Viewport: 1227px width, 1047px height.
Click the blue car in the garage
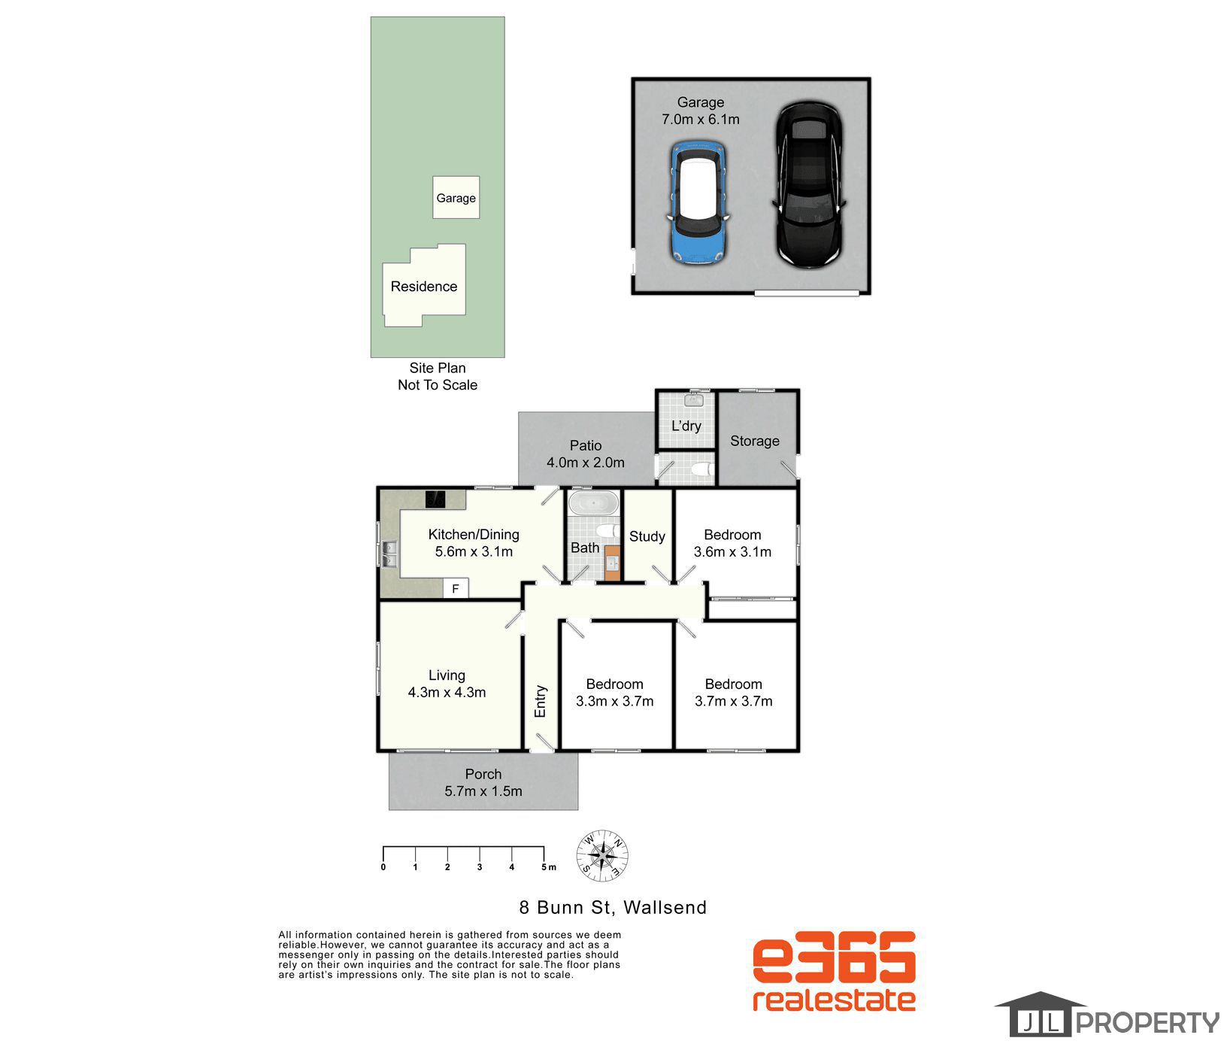698,202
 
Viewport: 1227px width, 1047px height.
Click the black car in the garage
809,186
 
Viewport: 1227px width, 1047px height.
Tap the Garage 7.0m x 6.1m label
700,111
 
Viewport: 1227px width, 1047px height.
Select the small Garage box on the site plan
456,198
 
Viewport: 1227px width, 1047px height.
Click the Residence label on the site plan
423,287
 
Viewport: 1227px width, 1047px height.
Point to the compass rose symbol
602,856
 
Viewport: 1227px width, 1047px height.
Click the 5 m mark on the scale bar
544,857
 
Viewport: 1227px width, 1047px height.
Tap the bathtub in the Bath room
592,502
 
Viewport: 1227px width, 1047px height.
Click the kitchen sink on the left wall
389,554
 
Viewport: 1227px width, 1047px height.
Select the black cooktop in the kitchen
435,499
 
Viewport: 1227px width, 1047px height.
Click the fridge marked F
456,589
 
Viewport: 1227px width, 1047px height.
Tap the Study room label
647,536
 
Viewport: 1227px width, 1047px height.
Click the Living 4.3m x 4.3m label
447,684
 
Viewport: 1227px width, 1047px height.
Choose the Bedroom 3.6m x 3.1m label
732,543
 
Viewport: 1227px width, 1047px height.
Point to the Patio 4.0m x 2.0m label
585,454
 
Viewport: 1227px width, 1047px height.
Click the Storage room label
754,441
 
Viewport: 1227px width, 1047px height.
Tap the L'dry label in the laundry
686,426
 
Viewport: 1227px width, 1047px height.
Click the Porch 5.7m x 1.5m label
483,782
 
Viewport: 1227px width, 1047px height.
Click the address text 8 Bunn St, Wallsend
613,907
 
